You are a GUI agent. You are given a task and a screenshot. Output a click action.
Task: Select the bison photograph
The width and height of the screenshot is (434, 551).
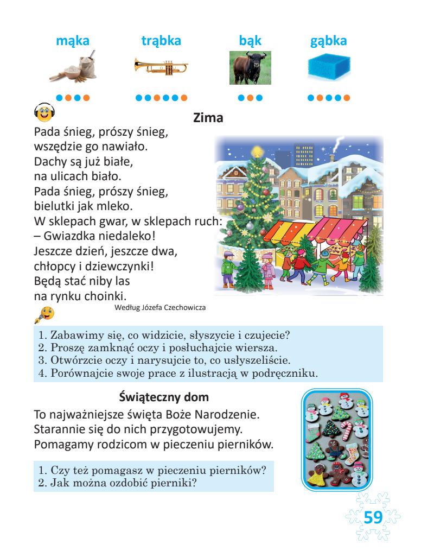point(250,67)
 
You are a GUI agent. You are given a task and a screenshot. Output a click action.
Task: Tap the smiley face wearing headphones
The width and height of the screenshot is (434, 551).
point(44,111)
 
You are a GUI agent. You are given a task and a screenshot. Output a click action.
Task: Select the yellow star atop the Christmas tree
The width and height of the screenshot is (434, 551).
point(257,149)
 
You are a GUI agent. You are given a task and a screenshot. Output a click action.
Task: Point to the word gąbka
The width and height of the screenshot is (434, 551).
point(328,41)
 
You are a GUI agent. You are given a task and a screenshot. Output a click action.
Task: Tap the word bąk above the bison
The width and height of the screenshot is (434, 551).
point(250,41)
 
